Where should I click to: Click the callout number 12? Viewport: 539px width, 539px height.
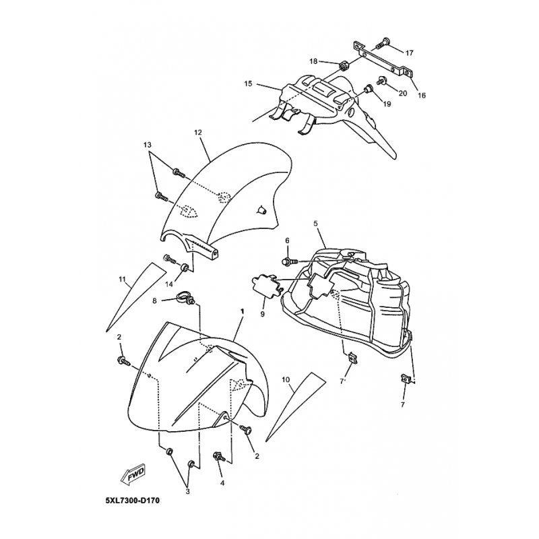(x=198, y=133)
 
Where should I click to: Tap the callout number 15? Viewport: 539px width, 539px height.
(x=248, y=84)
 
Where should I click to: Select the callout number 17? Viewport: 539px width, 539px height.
(x=410, y=51)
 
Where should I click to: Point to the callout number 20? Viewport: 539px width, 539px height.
(x=403, y=92)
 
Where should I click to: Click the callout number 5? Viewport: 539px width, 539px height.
(x=315, y=222)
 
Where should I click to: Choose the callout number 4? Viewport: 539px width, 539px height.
(x=222, y=482)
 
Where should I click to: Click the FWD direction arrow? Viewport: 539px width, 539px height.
(x=131, y=476)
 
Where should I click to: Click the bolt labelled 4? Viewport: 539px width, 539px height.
(x=219, y=457)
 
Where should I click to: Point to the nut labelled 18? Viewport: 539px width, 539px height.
(x=342, y=66)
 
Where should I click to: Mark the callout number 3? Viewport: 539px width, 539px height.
(x=188, y=492)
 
